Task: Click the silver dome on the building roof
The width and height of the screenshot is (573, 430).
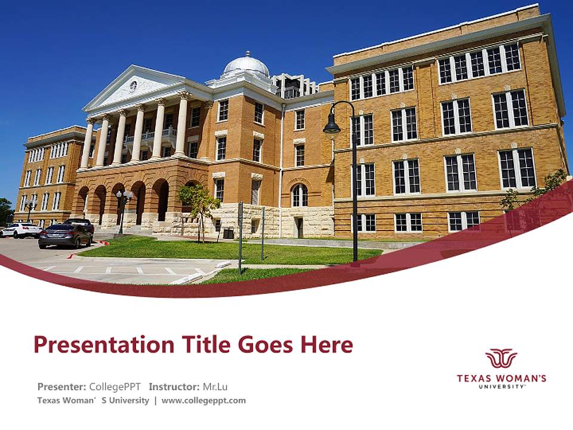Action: (246, 64)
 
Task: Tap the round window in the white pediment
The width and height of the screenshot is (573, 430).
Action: (133, 85)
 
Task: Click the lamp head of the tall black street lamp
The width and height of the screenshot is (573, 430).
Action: (331, 127)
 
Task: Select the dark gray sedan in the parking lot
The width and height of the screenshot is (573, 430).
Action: (65, 236)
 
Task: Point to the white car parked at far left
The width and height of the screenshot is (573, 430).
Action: (20, 230)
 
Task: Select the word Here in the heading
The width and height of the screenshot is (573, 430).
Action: (326, 345)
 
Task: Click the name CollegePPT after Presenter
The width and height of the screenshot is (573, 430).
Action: (115, 386)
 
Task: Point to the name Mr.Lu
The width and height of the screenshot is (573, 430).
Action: (215, 386)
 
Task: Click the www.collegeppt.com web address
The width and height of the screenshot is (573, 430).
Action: (204, 401)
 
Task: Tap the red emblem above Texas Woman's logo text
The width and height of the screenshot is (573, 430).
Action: (501, 358)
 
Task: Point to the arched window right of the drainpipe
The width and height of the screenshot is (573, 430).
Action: (300, 195)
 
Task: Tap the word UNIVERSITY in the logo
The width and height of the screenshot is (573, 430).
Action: (501, 386)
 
